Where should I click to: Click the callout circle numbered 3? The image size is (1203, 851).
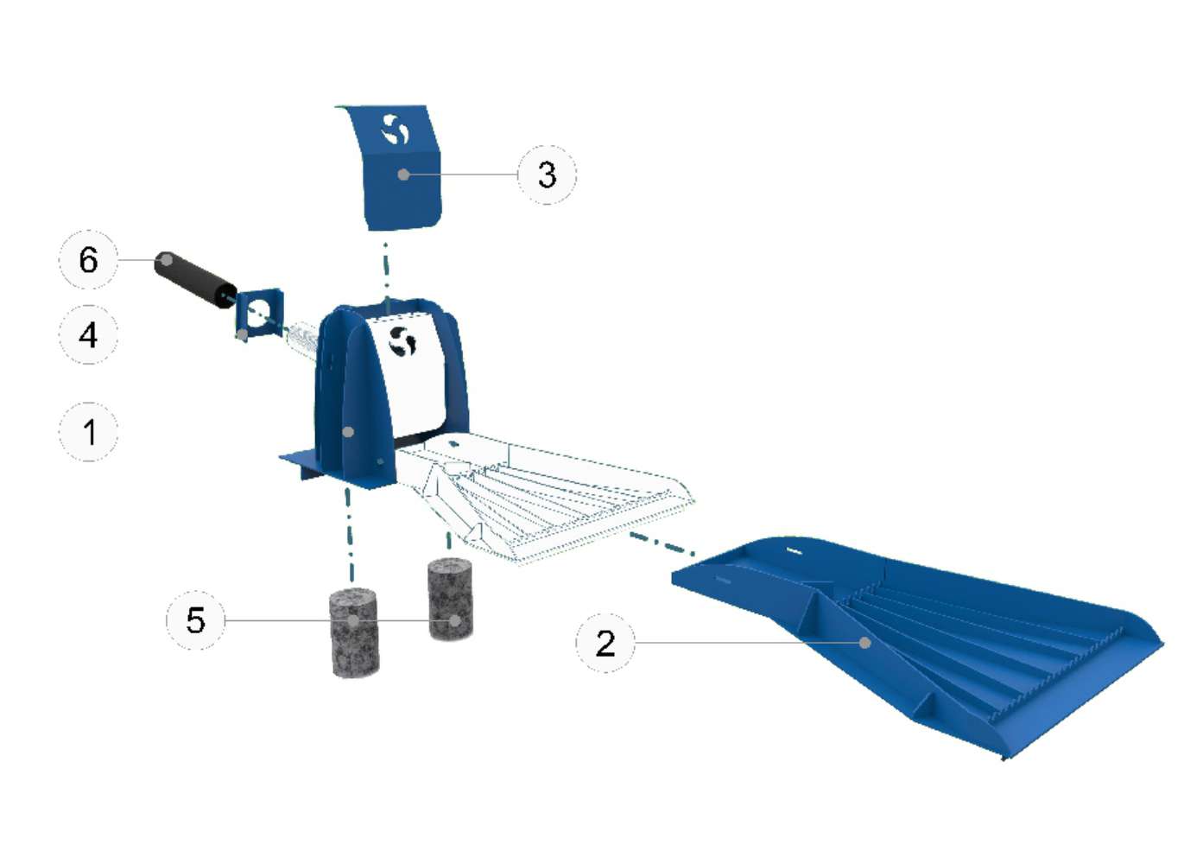point(547,175)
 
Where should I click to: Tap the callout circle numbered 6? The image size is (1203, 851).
point(88,259)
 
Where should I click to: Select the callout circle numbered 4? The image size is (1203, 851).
point(88,334)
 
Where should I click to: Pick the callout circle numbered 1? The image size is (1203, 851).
point(88,432)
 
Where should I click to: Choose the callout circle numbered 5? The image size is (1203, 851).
point(195,620)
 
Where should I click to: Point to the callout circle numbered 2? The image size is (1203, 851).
point(605,643)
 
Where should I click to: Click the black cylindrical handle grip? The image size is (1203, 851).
point(195,280)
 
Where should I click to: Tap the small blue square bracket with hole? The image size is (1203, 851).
point(259,314)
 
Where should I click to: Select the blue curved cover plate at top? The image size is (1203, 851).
point(395,168)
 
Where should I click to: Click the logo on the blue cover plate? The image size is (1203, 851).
point(395,130)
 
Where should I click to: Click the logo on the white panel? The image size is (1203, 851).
point(402,341)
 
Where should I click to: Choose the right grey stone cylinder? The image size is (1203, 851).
point(451,599)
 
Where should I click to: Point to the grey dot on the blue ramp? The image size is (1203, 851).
point(864,643)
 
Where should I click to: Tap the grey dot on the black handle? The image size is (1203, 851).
point(168,260)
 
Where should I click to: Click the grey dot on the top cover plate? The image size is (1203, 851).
point(404,175)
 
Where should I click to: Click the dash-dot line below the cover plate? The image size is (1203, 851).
point(386,277)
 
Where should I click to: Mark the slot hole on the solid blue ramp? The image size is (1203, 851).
point(795,550)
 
